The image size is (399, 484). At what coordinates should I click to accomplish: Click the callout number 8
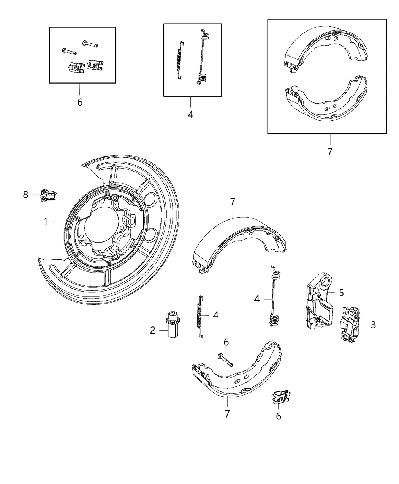(25, 195)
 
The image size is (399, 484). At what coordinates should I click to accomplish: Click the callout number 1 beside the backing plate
(46, 222)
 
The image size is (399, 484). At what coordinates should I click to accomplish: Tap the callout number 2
(152, 331)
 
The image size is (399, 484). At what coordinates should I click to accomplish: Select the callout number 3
(373, 325)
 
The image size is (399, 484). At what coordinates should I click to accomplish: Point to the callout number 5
(341, 292)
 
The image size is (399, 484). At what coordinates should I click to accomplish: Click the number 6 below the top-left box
(79, 102)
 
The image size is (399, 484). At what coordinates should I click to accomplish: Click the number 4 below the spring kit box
(190, 114)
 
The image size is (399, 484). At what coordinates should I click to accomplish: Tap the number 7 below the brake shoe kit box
(329, 152)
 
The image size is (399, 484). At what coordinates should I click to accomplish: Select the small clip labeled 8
(49, 195)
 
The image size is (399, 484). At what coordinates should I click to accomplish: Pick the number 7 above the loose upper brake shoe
(233, 202)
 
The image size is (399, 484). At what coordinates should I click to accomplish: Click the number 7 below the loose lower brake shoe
(227, 414)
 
